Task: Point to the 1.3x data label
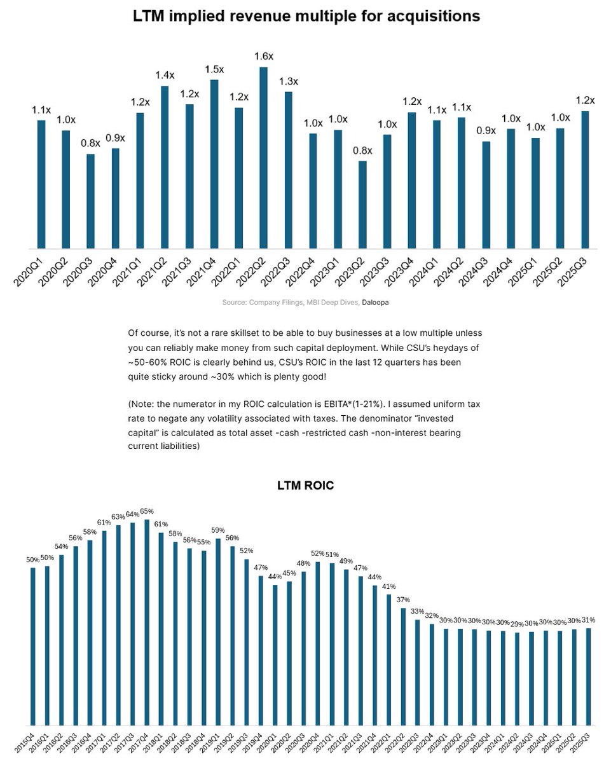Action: (x=288, y=81)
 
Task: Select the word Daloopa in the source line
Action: (x=375, y=303)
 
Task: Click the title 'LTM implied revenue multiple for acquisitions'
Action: (x=306, y=17)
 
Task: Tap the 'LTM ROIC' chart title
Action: (x=305, y=486)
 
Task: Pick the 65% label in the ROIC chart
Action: (x=147, y=511)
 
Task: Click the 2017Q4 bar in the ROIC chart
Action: (x=147, y=622)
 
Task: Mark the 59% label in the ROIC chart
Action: (x=218, y=530)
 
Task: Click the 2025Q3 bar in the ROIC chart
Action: (x=588, y=677)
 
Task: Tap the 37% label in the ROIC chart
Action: (x=404, y=599)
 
